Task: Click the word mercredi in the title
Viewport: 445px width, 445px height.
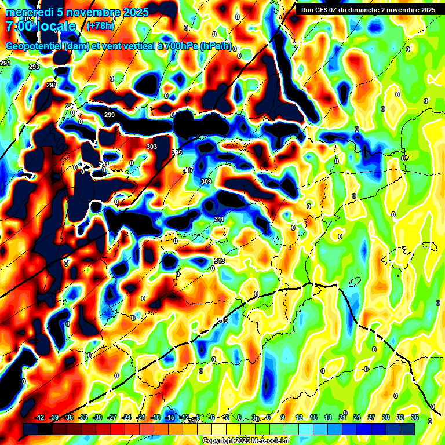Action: pos(28,12)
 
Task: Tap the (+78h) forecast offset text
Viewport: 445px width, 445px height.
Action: pos(100,26)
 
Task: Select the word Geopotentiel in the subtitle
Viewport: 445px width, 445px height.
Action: pos(34,46)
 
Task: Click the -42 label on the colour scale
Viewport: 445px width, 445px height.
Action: pos(39,418)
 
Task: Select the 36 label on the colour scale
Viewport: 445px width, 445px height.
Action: pos(415,418)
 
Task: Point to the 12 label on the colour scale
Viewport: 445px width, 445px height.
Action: pos(299,418)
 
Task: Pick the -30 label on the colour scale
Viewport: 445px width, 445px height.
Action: pos(97,418)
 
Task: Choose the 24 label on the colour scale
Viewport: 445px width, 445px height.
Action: pos(357,418)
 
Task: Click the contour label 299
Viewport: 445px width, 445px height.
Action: pos(110,115)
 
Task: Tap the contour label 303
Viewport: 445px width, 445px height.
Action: pos(152,147)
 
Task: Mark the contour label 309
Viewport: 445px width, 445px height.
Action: pos(206,182)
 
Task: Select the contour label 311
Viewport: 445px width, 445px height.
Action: pos(219,219)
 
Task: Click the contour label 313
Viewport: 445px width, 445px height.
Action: pos(220,261)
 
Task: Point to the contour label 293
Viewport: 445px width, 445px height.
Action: pos(34,67)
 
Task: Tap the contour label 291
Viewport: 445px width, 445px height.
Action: pos(5,63)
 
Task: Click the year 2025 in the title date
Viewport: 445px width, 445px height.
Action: pos(134,12)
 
